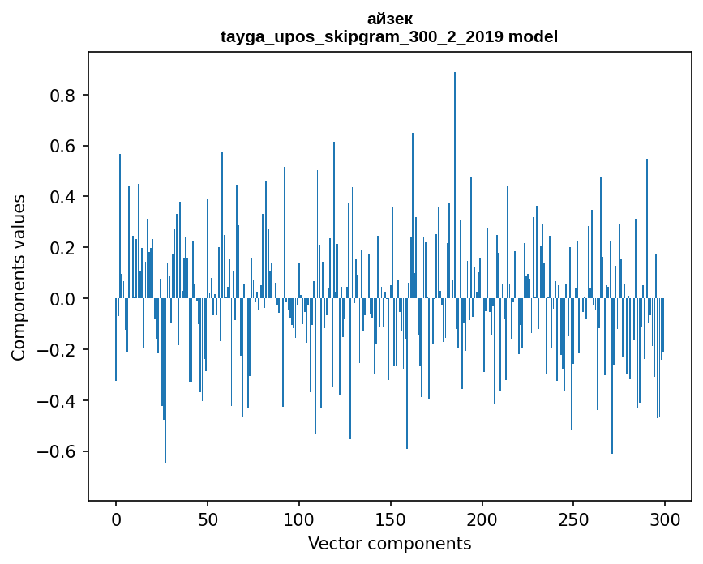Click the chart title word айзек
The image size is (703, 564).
(389, 19)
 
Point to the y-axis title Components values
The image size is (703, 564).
(18, 277)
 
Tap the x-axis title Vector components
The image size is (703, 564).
(389, 543)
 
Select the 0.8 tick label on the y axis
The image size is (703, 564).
(62, 96)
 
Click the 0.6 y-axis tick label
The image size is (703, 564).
(62, 147)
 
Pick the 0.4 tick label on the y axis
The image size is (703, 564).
(62, 197)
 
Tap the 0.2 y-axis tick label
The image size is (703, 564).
(62, 248)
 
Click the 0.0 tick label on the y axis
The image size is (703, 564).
(62, 299)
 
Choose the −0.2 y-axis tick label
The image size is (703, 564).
(58, 350)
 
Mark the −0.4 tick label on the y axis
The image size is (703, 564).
(58, 400)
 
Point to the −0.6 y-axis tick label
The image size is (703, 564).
(58, 451)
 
